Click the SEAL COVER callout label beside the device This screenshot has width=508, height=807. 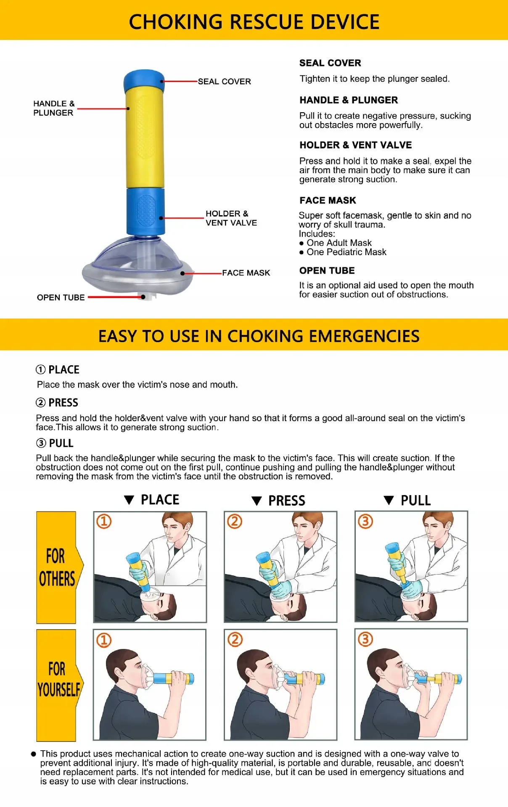[x=224, y=82]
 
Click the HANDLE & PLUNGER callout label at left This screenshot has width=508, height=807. [x=53, y=108]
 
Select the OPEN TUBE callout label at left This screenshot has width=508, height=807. [x=61, y=298]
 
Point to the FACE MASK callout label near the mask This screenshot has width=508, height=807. [x=246, y=273]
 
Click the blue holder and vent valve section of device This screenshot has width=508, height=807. [x=146, y=211]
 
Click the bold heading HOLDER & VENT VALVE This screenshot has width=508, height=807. [x=355, y=145]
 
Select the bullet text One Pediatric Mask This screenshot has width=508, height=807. [x=346, y=252]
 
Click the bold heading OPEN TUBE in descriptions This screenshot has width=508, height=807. [x=327, y=271]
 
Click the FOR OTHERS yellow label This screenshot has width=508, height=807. [x=56, y=567]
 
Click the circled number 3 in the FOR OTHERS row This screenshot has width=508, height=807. [x=365, y=522]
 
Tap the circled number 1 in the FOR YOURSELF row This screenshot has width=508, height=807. [x=104, y=640]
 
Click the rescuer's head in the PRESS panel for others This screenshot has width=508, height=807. [x=307, y=526]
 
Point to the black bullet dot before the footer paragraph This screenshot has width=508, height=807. [x=34, y=754]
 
